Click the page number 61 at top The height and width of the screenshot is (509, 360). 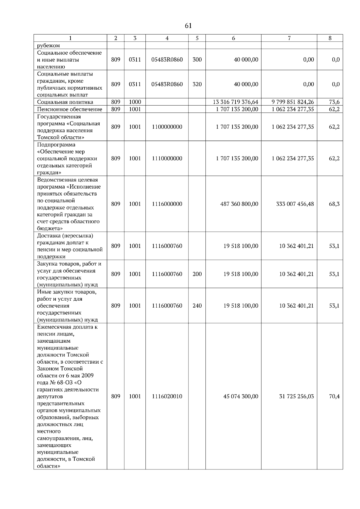[188, 26]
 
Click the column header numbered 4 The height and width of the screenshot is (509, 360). [167, 38]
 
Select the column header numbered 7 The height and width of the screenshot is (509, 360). [289, 38]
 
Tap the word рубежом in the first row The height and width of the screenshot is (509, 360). [48, 46]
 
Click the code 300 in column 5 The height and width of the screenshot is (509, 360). [197, 60]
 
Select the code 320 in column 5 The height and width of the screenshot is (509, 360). [197, 84]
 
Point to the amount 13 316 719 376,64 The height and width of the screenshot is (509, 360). [235, 102]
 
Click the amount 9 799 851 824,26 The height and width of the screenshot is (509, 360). [293, 102]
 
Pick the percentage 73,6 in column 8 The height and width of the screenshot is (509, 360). [334, 102]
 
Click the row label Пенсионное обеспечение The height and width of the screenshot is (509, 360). [70, 109]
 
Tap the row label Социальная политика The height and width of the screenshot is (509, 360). [65, 102]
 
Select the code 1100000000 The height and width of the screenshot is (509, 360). [167, 127]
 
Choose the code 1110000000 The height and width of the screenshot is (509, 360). [167, 159]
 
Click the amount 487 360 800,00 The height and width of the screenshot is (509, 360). [239, 204]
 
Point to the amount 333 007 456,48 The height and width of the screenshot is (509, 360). [295, 204]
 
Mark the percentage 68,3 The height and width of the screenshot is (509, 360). [334, 204]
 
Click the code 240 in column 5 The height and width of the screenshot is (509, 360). [197, 306]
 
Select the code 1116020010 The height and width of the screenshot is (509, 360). [167, 397]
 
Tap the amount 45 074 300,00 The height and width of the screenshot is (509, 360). [241, 397]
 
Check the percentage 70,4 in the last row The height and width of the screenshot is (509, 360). [334, 397]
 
